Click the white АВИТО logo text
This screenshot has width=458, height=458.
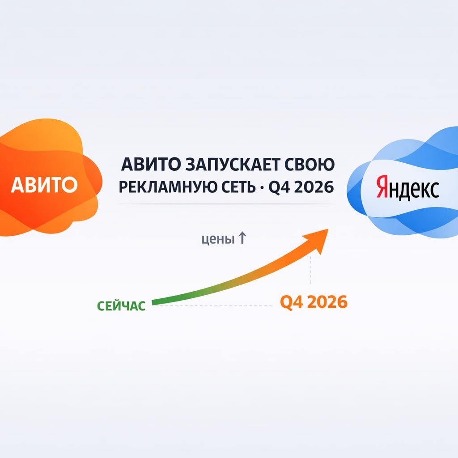point(44,185)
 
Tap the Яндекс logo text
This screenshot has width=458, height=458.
point(407,187)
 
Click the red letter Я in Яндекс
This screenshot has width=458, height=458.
point(382,187)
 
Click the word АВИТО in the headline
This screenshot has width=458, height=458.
point(151,165)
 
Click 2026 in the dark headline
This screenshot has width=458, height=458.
point(314,187)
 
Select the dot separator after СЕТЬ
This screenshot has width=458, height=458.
point(262,187)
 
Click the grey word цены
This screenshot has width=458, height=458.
point(218,239)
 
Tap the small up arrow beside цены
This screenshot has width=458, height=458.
point(242,238)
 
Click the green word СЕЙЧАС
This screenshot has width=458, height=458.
point(121,306)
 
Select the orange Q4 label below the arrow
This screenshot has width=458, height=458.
point(291,302)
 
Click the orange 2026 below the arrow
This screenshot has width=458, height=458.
point(327,302)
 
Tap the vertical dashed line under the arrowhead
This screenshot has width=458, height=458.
point(311,270)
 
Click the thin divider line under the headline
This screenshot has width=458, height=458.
point(228,204)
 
